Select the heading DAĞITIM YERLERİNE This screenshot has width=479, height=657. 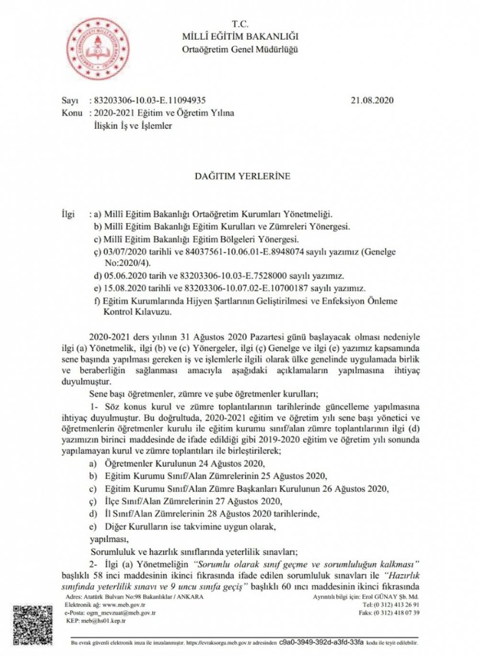pos(242,176)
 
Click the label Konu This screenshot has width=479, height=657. pos(71,113)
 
